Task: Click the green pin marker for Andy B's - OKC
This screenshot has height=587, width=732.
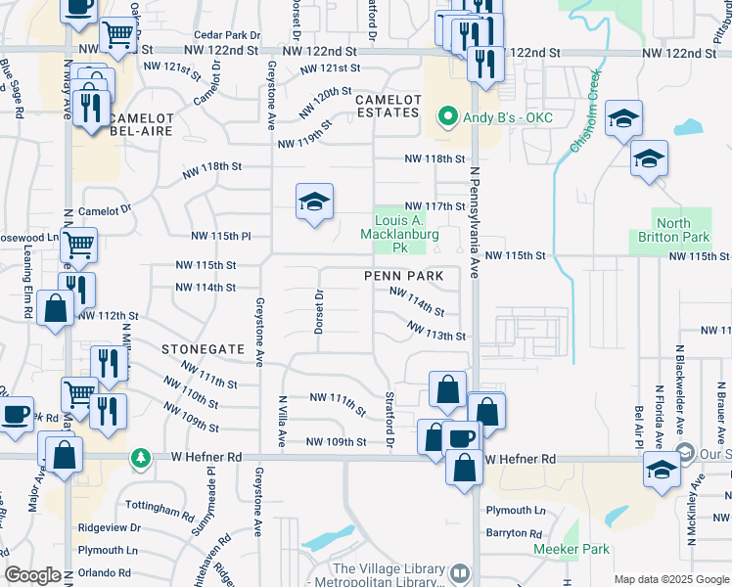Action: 448,118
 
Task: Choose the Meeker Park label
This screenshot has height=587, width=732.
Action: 572,549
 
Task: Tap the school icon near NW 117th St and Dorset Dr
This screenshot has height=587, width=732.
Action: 314,203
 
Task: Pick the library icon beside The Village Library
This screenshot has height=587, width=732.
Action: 460,570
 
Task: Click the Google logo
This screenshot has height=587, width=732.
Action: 32,575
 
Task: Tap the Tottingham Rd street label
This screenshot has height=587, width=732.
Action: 160,510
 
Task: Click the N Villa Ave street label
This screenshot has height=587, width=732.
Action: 282,422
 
